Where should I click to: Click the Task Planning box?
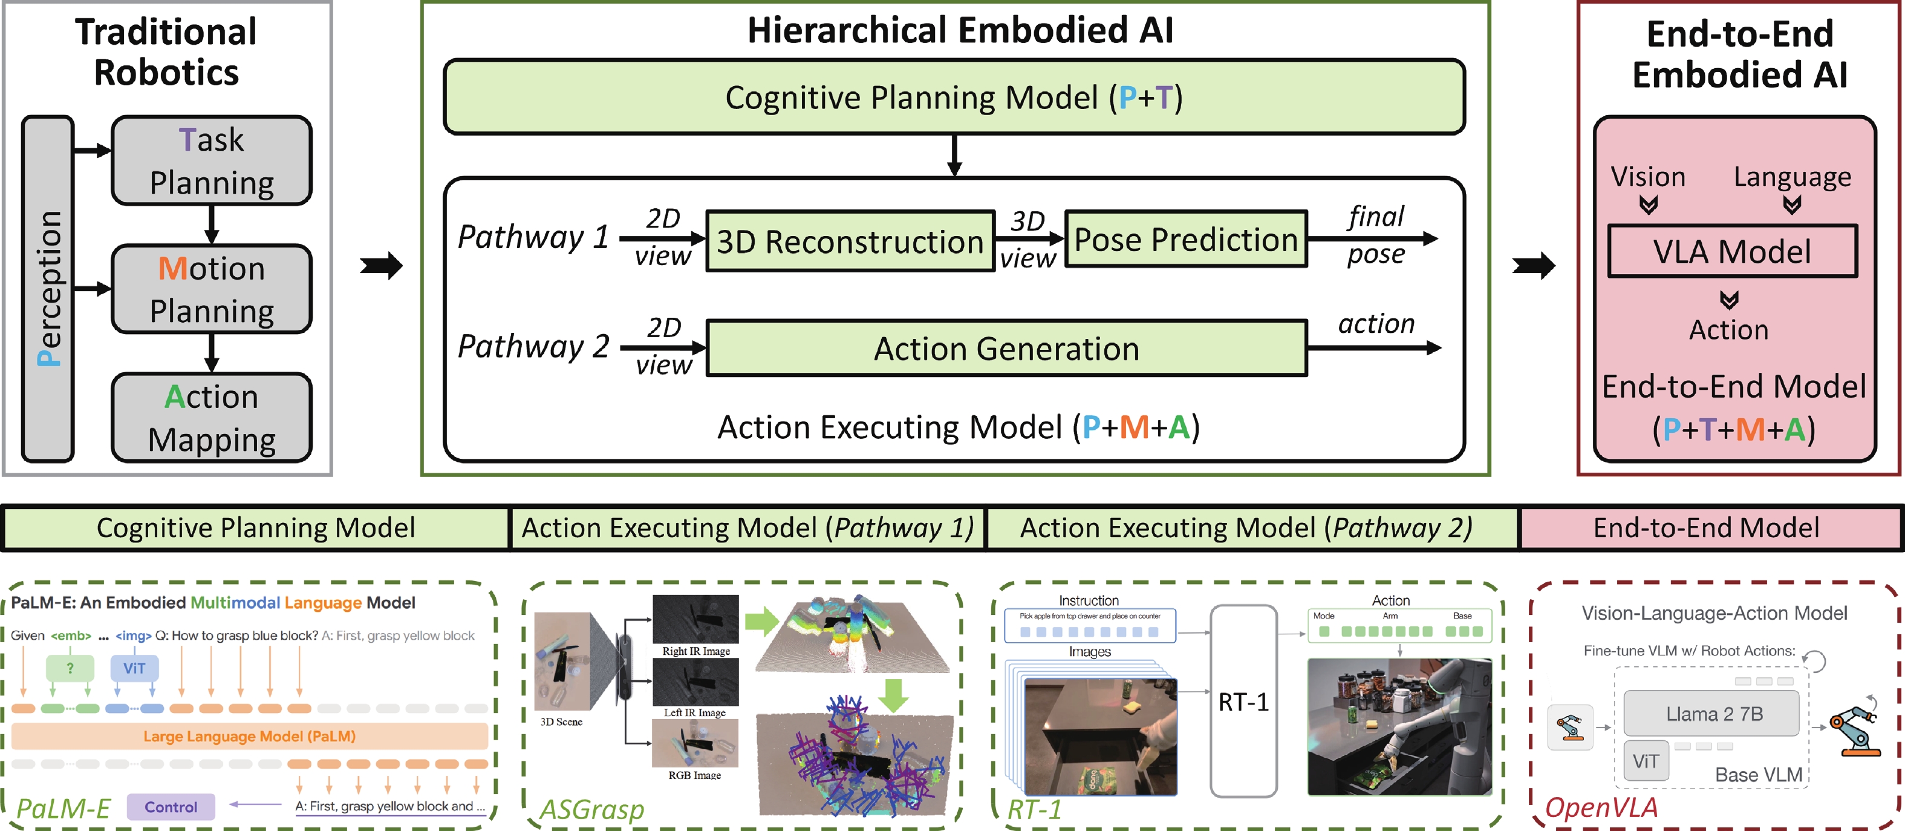[x=212, y=160]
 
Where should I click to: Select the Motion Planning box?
[x=212, y=289]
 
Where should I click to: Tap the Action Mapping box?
[x=212, y=418]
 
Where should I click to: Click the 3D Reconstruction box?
[x=850, y=241]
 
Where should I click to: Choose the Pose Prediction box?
[x=1185, y=240]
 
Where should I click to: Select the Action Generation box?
[x=1006, y=349]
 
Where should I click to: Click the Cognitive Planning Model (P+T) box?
[x=954, y=97]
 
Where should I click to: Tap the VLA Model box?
[x=1732, y=252]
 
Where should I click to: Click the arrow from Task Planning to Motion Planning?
[x=212, y=224]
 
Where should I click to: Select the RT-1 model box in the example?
[x=1243, y=701]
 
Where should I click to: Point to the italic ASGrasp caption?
[x=591, y=809]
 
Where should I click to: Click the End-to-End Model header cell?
[x=1706, y=528]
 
